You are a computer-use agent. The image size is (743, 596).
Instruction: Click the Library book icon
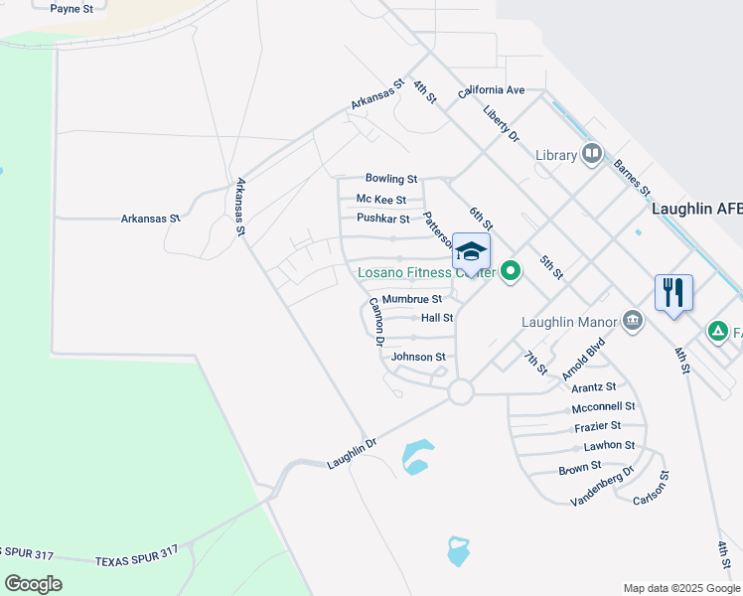click(x=592, y=154)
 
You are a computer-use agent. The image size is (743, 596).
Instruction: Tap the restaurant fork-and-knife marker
click(x=673, y=292)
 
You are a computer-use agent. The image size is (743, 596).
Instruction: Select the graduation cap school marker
click(x=471, y=249)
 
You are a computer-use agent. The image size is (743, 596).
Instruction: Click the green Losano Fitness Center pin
click(x=511, y=270)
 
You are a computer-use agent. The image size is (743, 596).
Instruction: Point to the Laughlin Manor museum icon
click(x=632, y=320)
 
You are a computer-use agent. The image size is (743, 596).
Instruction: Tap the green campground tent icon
click(x=717, y=332)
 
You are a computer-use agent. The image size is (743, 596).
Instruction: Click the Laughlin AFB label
click(x=695, y=209)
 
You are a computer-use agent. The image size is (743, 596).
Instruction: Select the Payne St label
click(x=71, y=8)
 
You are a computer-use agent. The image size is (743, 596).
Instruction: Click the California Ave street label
click(x=491, y=90)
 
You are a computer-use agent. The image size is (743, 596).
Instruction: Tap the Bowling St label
click(x=390, y=179)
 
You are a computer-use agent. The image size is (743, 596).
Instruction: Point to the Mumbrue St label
click(x=411, y=298)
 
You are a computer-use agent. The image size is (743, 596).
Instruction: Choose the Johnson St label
click(x=418, y=357)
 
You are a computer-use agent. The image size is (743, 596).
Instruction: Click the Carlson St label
click(x=652, y=488)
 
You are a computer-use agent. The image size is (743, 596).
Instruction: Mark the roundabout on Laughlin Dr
click(x=460, y=392)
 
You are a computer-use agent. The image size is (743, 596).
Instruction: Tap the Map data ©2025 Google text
click(x=680, y=588)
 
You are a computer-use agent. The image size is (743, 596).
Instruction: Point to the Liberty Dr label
click(x=502, y=125)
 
